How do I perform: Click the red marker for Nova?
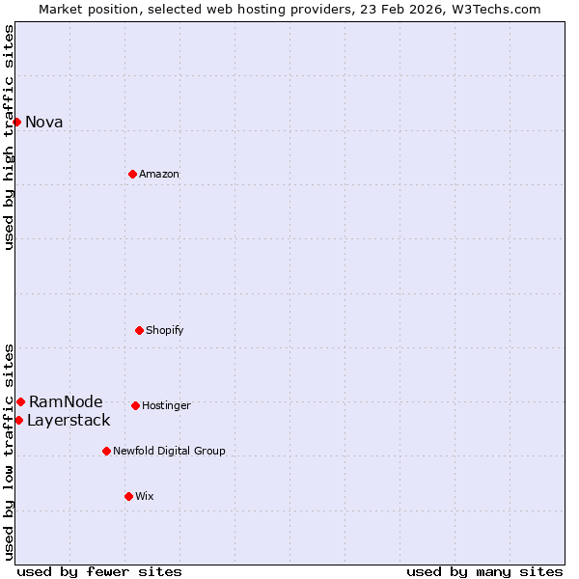tap(16, 122)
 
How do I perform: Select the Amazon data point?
tap(132, 174)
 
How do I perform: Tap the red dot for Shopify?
tap(139, 330)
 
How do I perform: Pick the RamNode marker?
tap(20, 401)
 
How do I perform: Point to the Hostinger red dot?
tap(135, 405)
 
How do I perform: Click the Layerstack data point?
tap(18, 420)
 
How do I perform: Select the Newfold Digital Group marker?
tap(106, 451)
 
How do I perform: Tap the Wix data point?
tap(128, 496)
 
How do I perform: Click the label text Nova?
tap(43, 122)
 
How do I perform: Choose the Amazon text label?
tap(159, 174)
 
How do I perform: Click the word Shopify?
tap(164, 330)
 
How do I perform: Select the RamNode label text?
tap(66, 401)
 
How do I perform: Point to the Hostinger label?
tap(166, 405)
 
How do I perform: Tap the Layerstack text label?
tap(69, 420)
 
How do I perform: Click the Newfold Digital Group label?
tap(169, 451)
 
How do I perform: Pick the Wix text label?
tap(144, 496)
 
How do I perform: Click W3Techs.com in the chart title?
tap(500, 9)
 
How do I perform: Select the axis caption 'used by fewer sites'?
tap(99, 571)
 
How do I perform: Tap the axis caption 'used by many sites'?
tap(484, 571)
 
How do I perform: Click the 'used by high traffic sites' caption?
tap(9, 137)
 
